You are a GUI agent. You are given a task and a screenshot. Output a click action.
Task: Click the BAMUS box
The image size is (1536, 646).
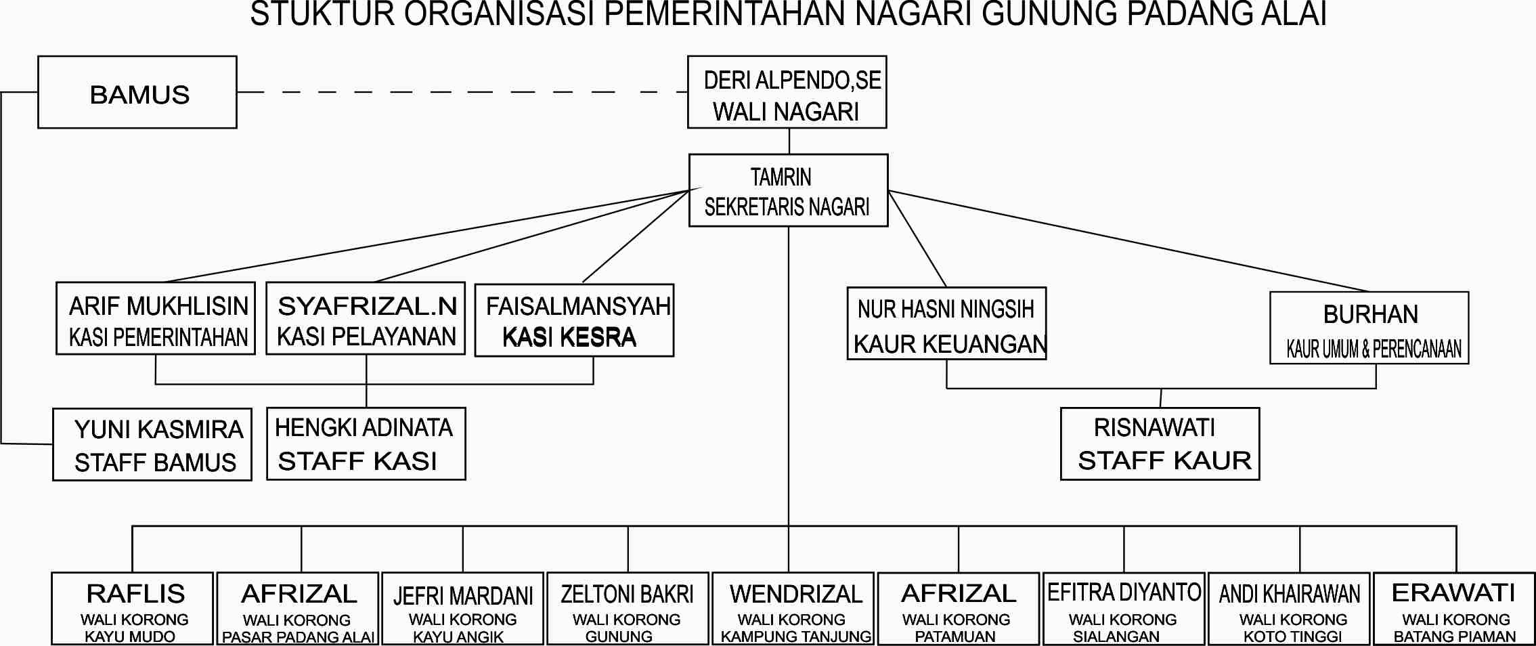(x=137, y=92)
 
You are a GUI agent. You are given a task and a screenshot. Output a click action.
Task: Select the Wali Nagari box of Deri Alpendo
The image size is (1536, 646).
(x=787, y=92)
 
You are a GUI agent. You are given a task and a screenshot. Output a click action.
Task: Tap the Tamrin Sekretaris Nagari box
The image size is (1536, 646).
(x=789, y=190)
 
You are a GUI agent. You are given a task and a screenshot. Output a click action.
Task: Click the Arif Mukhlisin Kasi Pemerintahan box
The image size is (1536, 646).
(x=156, y=318)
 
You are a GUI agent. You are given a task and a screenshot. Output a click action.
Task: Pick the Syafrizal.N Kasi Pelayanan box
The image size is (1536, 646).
(x=366, y=318)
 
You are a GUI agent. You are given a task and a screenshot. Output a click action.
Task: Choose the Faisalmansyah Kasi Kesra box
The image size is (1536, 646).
(x=575, y=320)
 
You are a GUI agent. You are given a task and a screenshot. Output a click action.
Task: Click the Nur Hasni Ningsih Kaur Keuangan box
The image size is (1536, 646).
(x=947, y=323)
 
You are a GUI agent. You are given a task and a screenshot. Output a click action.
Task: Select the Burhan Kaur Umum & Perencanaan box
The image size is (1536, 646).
(x=1369, y=328)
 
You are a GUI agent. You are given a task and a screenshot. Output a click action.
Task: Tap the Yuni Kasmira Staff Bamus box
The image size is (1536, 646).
(x=152, y=444)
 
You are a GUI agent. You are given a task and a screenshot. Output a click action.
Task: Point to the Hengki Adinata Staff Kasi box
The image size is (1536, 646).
(x=366, y=444)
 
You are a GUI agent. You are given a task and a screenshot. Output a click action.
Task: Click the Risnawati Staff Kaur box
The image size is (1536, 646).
(x=1160, y=444)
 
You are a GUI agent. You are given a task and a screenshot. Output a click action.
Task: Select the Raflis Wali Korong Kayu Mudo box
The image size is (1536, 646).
(x=133, y=609)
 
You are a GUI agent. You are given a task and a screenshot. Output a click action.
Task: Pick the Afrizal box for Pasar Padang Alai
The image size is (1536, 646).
(x=298, y=609)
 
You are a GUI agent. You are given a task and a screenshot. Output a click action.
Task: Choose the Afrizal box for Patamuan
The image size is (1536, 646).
(x=959, y=609)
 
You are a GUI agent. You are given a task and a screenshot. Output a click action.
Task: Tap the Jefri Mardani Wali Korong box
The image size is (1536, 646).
(x=463, y=609)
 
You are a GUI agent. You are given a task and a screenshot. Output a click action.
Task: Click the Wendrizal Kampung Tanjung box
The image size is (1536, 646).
(x=793, y=609)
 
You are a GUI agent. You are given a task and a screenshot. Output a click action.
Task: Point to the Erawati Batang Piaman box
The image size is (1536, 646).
(x=1454, y=609)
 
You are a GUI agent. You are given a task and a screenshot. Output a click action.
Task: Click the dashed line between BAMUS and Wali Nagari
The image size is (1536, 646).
(x=462, y=92)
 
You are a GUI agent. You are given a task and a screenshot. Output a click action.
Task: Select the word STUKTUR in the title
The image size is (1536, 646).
(x=322, y=15)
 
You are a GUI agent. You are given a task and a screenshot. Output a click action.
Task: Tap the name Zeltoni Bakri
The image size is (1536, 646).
(x=627, y=595)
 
